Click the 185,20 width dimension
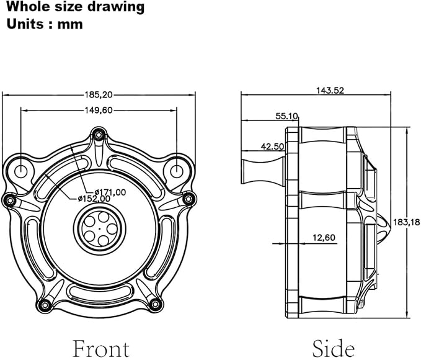tap(99, 94)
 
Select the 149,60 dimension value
tap(99, 110)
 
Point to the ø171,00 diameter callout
tap(110, 192)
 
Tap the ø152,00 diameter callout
tap(94, 199)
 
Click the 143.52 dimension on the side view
tap(330, 91)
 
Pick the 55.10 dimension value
tap(286, 116)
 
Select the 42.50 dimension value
tap(273, 146)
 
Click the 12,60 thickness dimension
tap(324, 237)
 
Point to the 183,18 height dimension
tap(406, 222)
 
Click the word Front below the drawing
tap(101, 349)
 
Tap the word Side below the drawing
tap(333, 348)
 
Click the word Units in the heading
tap(25, 24)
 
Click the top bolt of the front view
tap(99, 135)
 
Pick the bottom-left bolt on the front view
tap(45, 305)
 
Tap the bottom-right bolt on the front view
tap(155, 304)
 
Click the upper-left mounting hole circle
tap(21, 171)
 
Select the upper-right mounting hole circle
tap(177, 171)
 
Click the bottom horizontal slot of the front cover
tap(99, 291)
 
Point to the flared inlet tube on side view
tap(263, 171)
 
